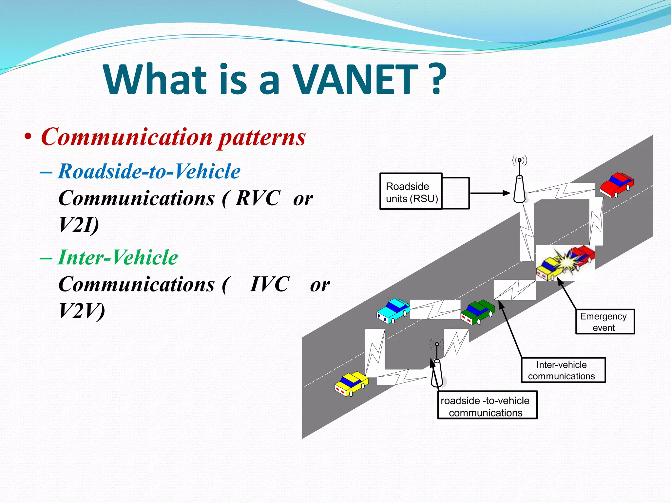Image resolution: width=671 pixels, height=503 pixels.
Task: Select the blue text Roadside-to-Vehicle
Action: pos(149,171)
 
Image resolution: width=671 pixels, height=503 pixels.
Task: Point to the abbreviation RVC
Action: pos(258,198)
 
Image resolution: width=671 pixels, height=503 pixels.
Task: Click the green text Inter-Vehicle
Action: pos(118,257)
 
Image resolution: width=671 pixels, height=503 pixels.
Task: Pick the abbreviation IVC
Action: pos(269,284)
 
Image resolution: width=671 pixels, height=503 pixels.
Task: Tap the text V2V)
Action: pos(82,311)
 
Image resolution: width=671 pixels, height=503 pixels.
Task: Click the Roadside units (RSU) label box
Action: pos(411,192)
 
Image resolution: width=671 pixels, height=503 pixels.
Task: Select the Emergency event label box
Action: pos(605,322)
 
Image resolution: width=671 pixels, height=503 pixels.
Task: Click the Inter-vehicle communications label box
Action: pos(563,370)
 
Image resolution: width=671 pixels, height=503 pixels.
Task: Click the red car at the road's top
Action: pos(616,185)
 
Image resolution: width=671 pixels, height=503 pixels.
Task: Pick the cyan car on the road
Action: pos(393,311)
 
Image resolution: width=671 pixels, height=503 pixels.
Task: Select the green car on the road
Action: pos(478,312)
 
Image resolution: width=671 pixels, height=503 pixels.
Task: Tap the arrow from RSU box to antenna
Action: pos(490,193)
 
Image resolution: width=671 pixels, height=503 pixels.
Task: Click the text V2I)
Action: pos(79,225)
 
